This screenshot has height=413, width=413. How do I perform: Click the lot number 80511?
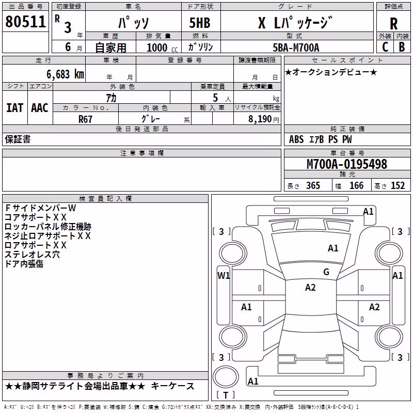(x=25, y=21)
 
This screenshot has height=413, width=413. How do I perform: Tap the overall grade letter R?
(x=393, y=24)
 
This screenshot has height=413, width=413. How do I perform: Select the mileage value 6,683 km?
(x=66, y=74)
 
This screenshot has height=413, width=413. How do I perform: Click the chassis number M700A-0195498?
(x=347, y=164)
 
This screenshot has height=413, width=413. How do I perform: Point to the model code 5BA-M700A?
(x=296, y=47)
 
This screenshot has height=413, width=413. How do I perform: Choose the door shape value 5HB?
(x=200, y=23)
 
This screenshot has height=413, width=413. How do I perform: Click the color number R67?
(x=85, y=119)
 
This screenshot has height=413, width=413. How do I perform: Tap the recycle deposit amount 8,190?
(x=260, y=119)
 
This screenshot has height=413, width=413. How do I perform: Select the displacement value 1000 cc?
(x=162, y=47)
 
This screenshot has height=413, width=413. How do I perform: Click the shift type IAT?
(x=15, y=108)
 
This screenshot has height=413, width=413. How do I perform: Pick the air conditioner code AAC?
(x=40, y=108)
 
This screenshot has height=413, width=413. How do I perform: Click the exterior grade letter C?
(x=385, y=47)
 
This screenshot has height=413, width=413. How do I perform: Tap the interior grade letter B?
(x=402, y=47)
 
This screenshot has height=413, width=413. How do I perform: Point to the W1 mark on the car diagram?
(x=224, y=276)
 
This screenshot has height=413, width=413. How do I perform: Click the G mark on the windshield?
(x=326, y=272)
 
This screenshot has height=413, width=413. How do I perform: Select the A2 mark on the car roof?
(x=310, y=288)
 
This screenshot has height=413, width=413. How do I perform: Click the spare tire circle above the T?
(x=226, y=377)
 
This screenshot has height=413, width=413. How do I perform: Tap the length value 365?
(x=313, y=185)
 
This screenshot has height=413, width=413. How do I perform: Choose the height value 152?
(x=398, y=185)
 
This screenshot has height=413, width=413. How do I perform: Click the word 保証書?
(x=18, y=139)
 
